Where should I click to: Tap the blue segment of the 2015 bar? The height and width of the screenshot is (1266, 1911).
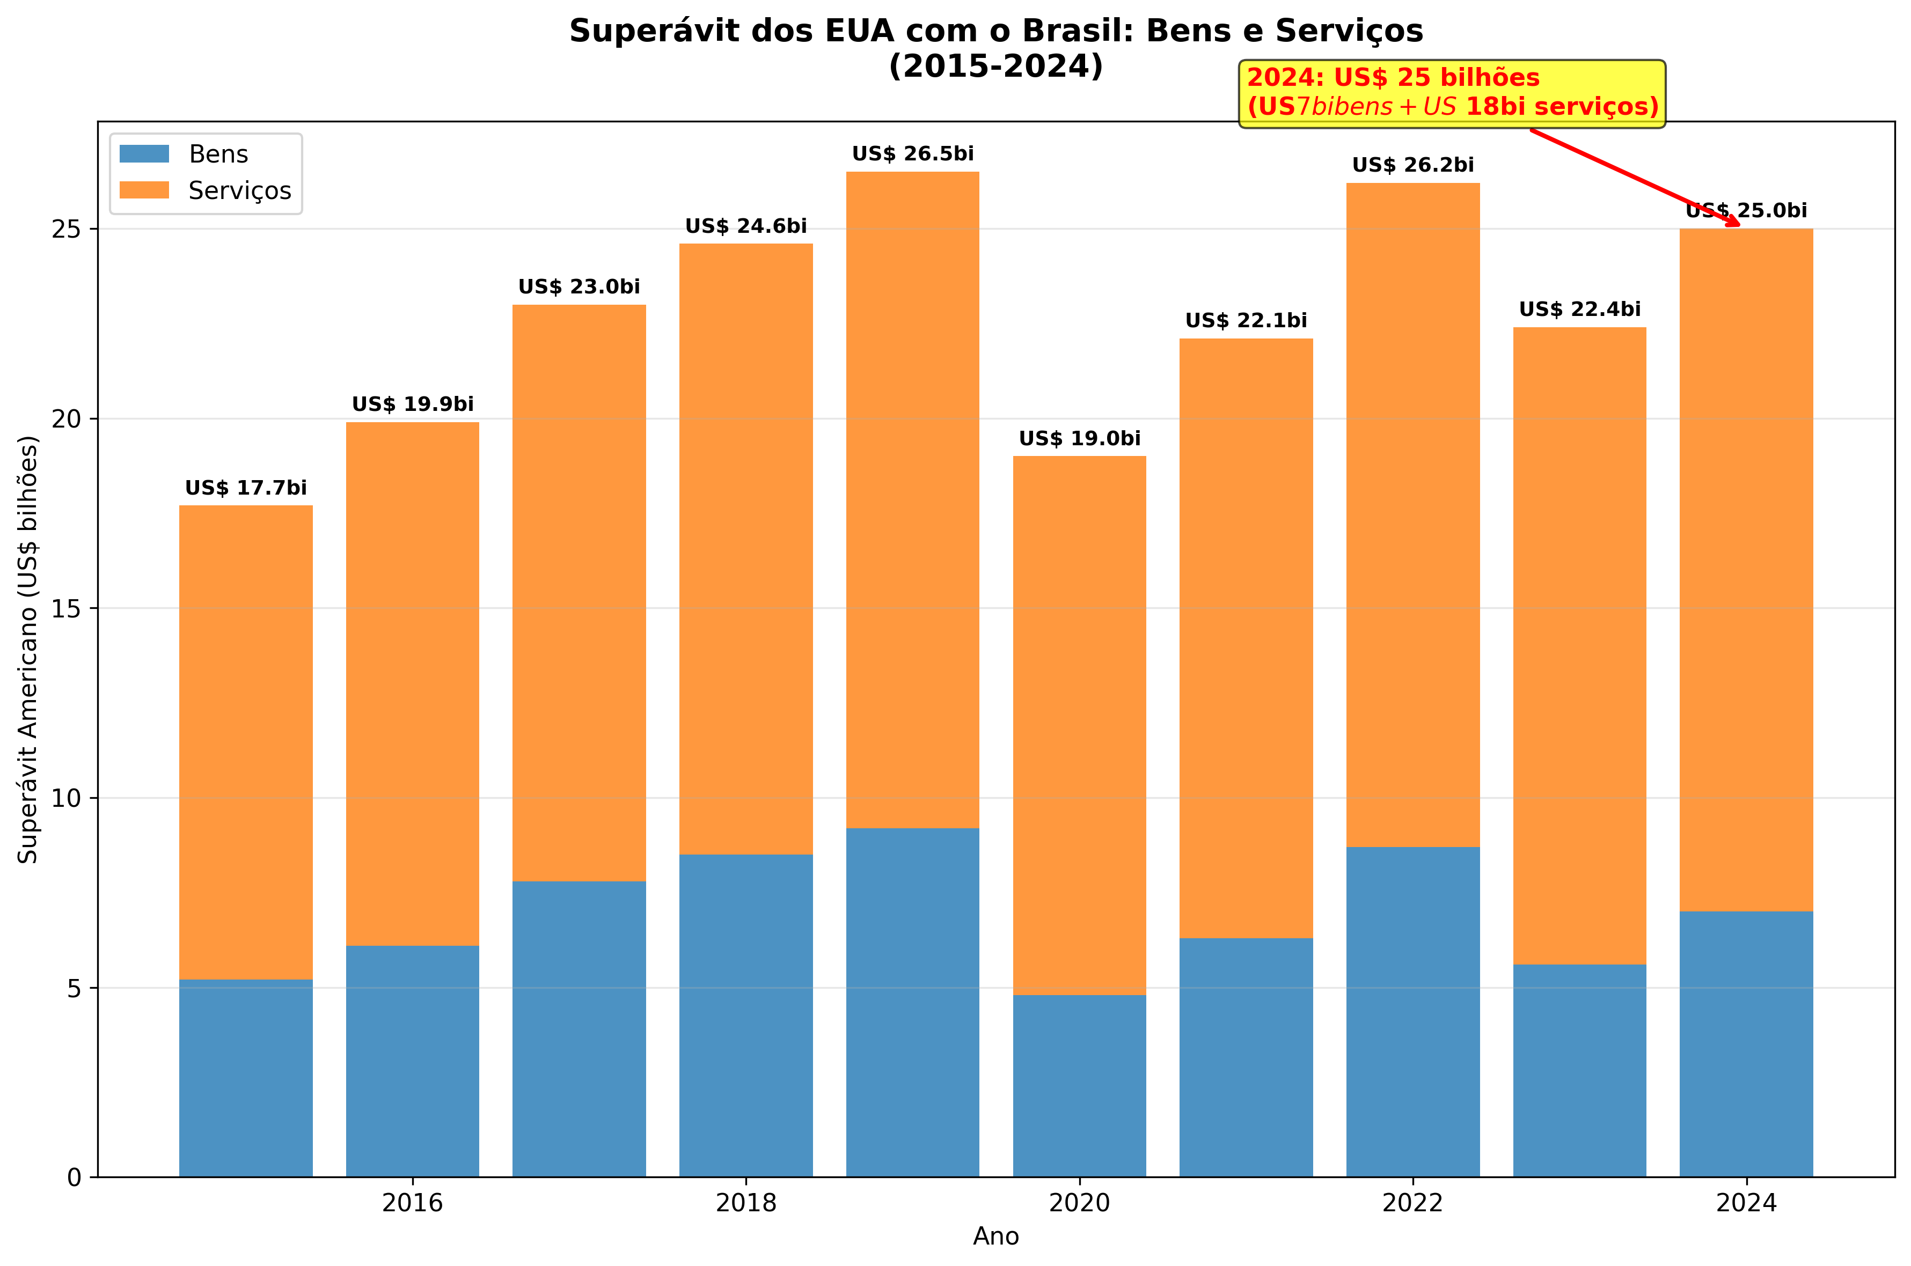tap(246, 1078)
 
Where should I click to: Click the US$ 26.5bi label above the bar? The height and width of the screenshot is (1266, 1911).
tap(913, 153)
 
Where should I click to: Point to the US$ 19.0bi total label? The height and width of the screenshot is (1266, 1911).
tap(1079, 438)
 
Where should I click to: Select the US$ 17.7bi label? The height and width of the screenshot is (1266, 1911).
tap(246, 488)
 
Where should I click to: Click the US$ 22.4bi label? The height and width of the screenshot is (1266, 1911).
tap(1579, 309)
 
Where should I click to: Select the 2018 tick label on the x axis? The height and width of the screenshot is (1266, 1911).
tap(745, 1203)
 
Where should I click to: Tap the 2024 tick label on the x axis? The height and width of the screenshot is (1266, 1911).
tap(1745, 1203)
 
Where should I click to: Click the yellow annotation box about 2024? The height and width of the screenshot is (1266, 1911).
tap(1452, 93)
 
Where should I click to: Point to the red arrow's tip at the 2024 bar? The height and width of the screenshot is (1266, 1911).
tap(1738, 225)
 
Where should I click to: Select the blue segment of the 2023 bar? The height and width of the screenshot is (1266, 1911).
tap(1579, 1070)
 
